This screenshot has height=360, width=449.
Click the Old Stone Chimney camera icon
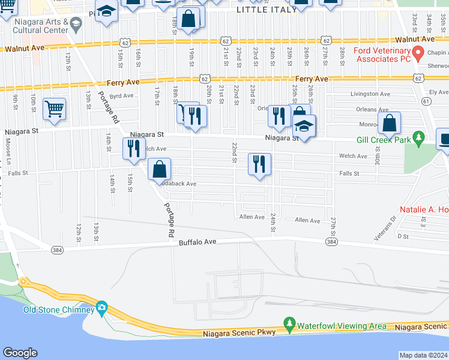[x=101, y=308]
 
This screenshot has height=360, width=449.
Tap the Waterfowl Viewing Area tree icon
[x=289, y=325]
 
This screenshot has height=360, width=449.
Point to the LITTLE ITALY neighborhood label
[x=267, y=10]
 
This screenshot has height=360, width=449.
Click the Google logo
[x=20, y=353]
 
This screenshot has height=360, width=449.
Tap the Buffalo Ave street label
[x=196, y=242]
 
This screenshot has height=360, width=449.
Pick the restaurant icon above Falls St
[x=259, y=164]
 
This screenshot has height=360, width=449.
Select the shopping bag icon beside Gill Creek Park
[x=390, y=124]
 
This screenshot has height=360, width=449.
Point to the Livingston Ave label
[x=370, y=94]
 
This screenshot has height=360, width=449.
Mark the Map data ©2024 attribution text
[x=424, y=355]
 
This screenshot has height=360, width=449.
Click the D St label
[x=403, y=236]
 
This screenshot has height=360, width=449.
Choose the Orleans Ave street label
[x=373, y=110]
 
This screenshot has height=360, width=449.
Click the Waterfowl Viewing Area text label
[x=342, y=326]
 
